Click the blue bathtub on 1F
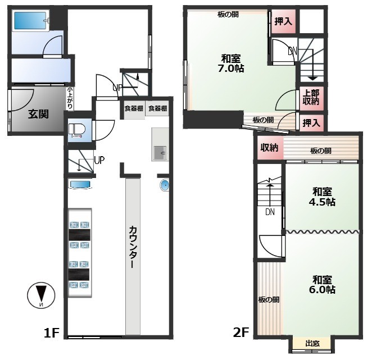(31, 21)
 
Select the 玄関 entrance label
(38, 114)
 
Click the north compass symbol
(41, 295)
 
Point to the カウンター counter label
(133, 247)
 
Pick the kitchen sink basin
(160, 153)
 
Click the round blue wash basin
(165, 185)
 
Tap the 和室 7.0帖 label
(231, 63)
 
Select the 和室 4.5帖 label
(322, 197)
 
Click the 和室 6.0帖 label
(322, 284)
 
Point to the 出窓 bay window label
(312, 344)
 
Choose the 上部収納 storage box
(311, 98)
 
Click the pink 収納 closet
(270, 148)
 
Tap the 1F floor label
(51, 332)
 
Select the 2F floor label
(241, 332)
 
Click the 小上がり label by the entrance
(70, 98)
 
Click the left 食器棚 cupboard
(134, 109)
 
